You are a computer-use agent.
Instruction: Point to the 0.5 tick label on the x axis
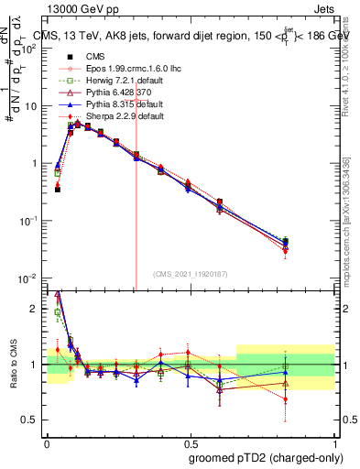pyautogui.click(x=191, y=441)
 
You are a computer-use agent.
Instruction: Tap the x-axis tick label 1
pyautogui.click(x=334, y=441)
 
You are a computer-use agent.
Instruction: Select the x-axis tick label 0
pyautogui.click(x=47, y=441)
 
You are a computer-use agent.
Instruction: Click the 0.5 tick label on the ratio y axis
pyautogui.click(x=31, y=420)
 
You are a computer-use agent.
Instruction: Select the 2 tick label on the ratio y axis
pyautogui.click(x=35, y=309)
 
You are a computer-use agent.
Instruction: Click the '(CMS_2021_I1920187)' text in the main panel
pyautogui.click(x=191, y=274)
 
